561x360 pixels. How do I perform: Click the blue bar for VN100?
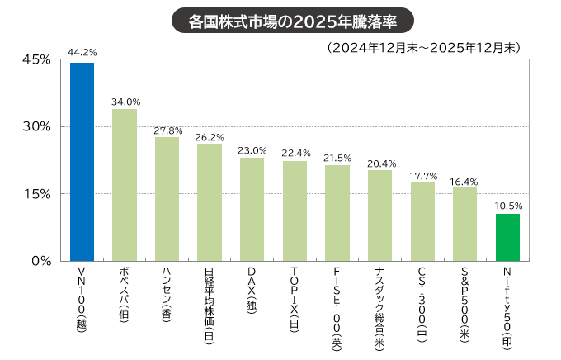[82, 162]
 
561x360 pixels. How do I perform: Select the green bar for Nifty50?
[507, 238]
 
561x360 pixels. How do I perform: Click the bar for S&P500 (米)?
[464, 224]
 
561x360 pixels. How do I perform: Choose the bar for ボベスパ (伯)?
[125, 185]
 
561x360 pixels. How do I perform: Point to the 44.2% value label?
[82, 53]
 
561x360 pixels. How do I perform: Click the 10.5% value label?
[507, 205]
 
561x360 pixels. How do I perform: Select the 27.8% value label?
[167, 130]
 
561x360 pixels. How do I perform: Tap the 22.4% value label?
[295, 153]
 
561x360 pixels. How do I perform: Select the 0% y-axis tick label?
[42, 261]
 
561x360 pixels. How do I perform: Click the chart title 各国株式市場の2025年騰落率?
[280, 19]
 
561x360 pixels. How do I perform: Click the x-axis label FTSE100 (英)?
[337, 306]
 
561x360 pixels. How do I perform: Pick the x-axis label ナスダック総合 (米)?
[379, 306]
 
